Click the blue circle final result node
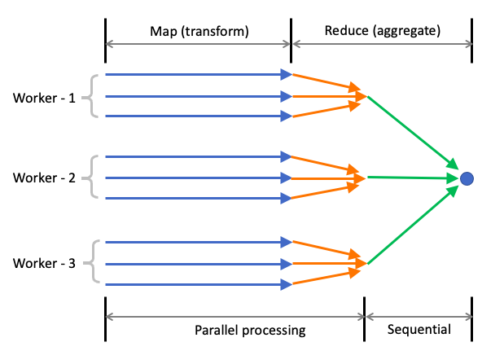(467, 178)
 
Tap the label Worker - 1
(44, 98)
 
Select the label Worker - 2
(44, 177)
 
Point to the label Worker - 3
(44, 263)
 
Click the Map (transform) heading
(199, 31)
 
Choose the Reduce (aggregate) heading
(382, 31)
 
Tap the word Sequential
(419, 330)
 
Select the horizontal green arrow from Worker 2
(411, 177)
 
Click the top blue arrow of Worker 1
(195, 75)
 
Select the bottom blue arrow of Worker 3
(195, 284)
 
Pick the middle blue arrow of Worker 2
(195, 177)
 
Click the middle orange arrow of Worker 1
(326, 96)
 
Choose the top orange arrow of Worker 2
(326, 164)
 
